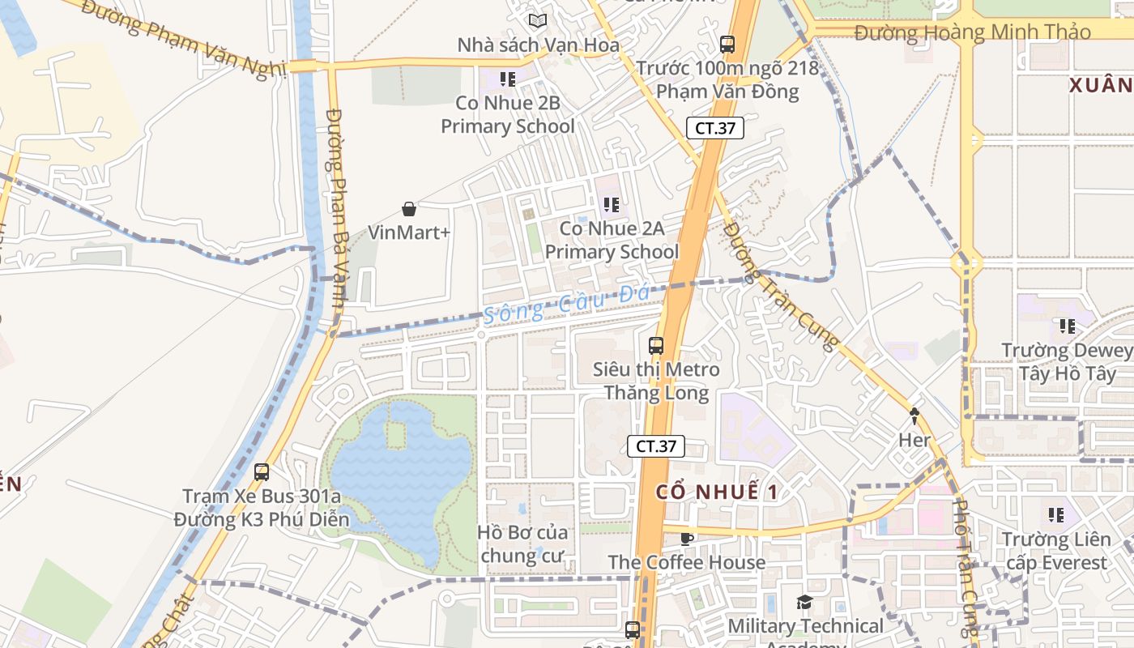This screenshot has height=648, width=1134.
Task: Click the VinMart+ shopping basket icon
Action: (x=409, y=209)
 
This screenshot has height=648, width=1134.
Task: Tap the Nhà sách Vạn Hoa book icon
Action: (x=537, y=20)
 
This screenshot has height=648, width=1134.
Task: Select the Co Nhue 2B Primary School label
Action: (x=508, y=114)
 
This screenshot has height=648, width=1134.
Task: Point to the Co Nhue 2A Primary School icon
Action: (x=612, y=205)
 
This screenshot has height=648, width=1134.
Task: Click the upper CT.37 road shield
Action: (x=715, y=128)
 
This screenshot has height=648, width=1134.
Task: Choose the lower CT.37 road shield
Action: (x=656, y=446)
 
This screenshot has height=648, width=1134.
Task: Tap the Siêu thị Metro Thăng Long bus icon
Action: (x=656, y=346)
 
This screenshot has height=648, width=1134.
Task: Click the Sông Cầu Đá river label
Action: (x=567, y=305)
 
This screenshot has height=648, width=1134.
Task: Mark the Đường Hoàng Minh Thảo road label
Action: (x=972, y=32)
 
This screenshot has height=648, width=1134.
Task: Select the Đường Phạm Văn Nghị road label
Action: (x=184, y=38)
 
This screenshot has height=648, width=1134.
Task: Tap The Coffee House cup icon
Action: (x=687, y=539)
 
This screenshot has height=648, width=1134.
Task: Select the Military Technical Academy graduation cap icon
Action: (x=804, y=602)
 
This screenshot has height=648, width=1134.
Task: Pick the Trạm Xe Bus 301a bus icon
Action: (x=262, y=472)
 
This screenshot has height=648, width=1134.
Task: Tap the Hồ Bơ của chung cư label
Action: (x=522, y=544)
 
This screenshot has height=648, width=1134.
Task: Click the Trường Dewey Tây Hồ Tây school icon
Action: (x=1068, y=326)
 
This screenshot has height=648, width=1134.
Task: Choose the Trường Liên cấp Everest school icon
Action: (x=1055, y=514)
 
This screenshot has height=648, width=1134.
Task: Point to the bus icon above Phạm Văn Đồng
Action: (x=727, y=44)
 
